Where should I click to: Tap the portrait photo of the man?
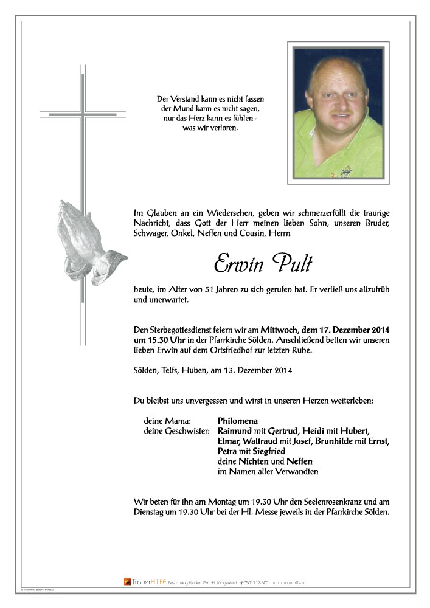pos(338,113)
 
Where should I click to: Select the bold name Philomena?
pos(238,421)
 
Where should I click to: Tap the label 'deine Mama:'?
pos(167,421)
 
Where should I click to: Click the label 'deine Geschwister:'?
pos(176,431)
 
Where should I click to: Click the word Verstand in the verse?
pos(186,99)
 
